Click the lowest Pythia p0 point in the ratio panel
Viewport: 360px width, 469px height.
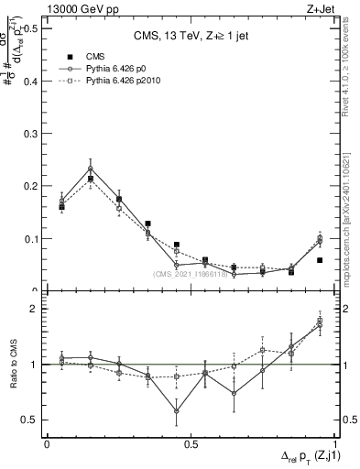tap(177, 411)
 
